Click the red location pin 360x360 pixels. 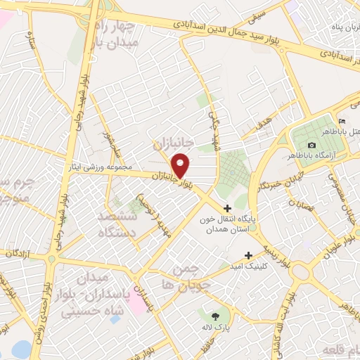coord(181,165)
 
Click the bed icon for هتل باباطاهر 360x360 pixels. coord(342,121)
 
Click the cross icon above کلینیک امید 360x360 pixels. coord(247,255)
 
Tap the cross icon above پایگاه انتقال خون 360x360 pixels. coord(227,207)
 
